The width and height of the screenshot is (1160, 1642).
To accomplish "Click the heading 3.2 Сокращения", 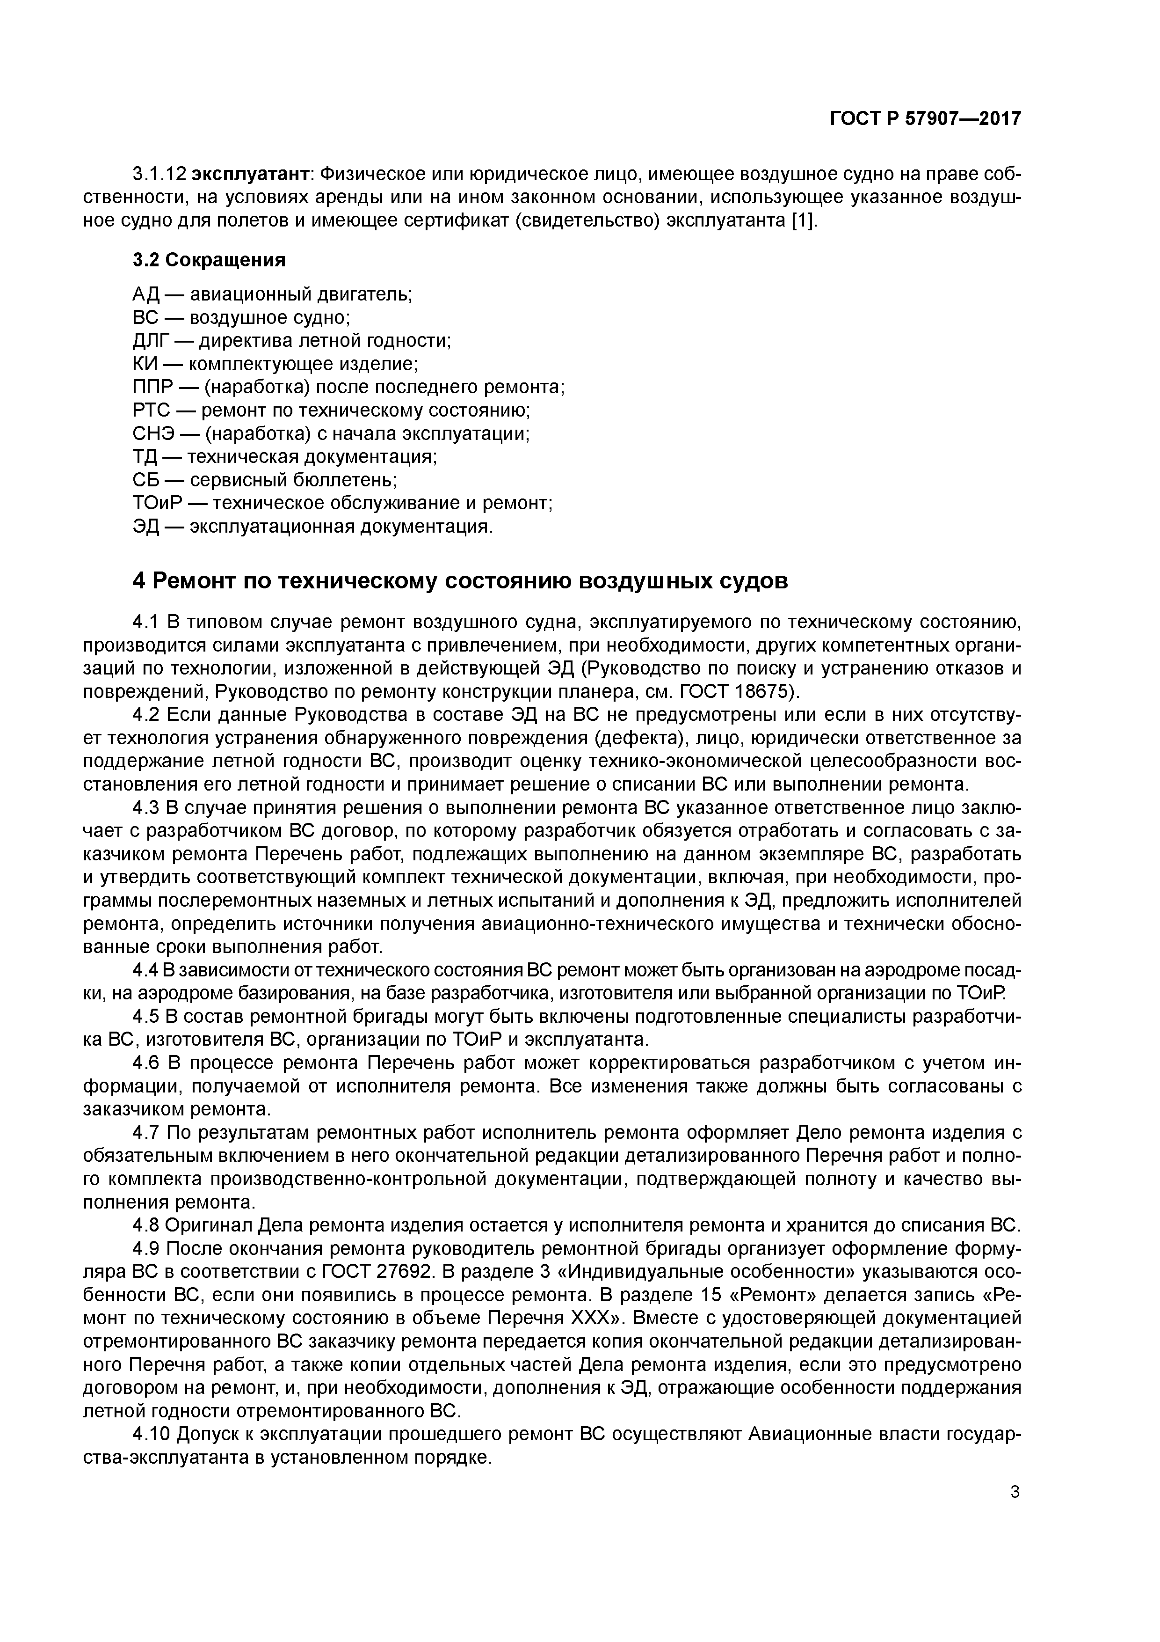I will [x=209, y=260].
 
